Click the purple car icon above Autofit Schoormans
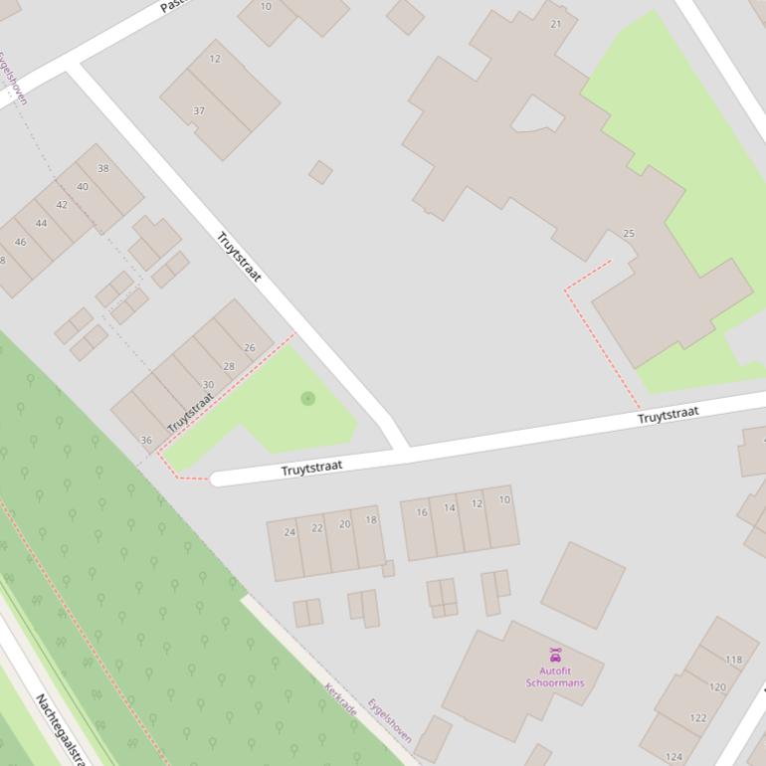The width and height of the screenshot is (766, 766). (555, 655)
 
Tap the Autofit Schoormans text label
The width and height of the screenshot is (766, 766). (555, 676)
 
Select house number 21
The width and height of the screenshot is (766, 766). (555, 24)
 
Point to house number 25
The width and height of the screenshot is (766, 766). (628, 234)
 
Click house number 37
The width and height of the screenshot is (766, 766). (199, 110)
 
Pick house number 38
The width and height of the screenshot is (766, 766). (102, 168)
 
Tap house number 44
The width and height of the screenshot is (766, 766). (41, 223)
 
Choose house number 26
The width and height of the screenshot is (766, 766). (249, 347)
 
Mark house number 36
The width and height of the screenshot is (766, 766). (146, 440)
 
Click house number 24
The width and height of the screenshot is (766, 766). (289, 531)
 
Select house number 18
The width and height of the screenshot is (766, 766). (371, 519)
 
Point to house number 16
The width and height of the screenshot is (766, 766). (422, 512)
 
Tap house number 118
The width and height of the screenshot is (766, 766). (734, 660)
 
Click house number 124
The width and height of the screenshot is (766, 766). (674, 757)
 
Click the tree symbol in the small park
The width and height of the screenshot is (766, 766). (307, 398)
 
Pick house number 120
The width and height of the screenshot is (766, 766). (717, 687)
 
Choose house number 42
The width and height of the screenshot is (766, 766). (62, 205)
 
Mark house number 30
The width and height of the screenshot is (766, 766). (208, 385)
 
